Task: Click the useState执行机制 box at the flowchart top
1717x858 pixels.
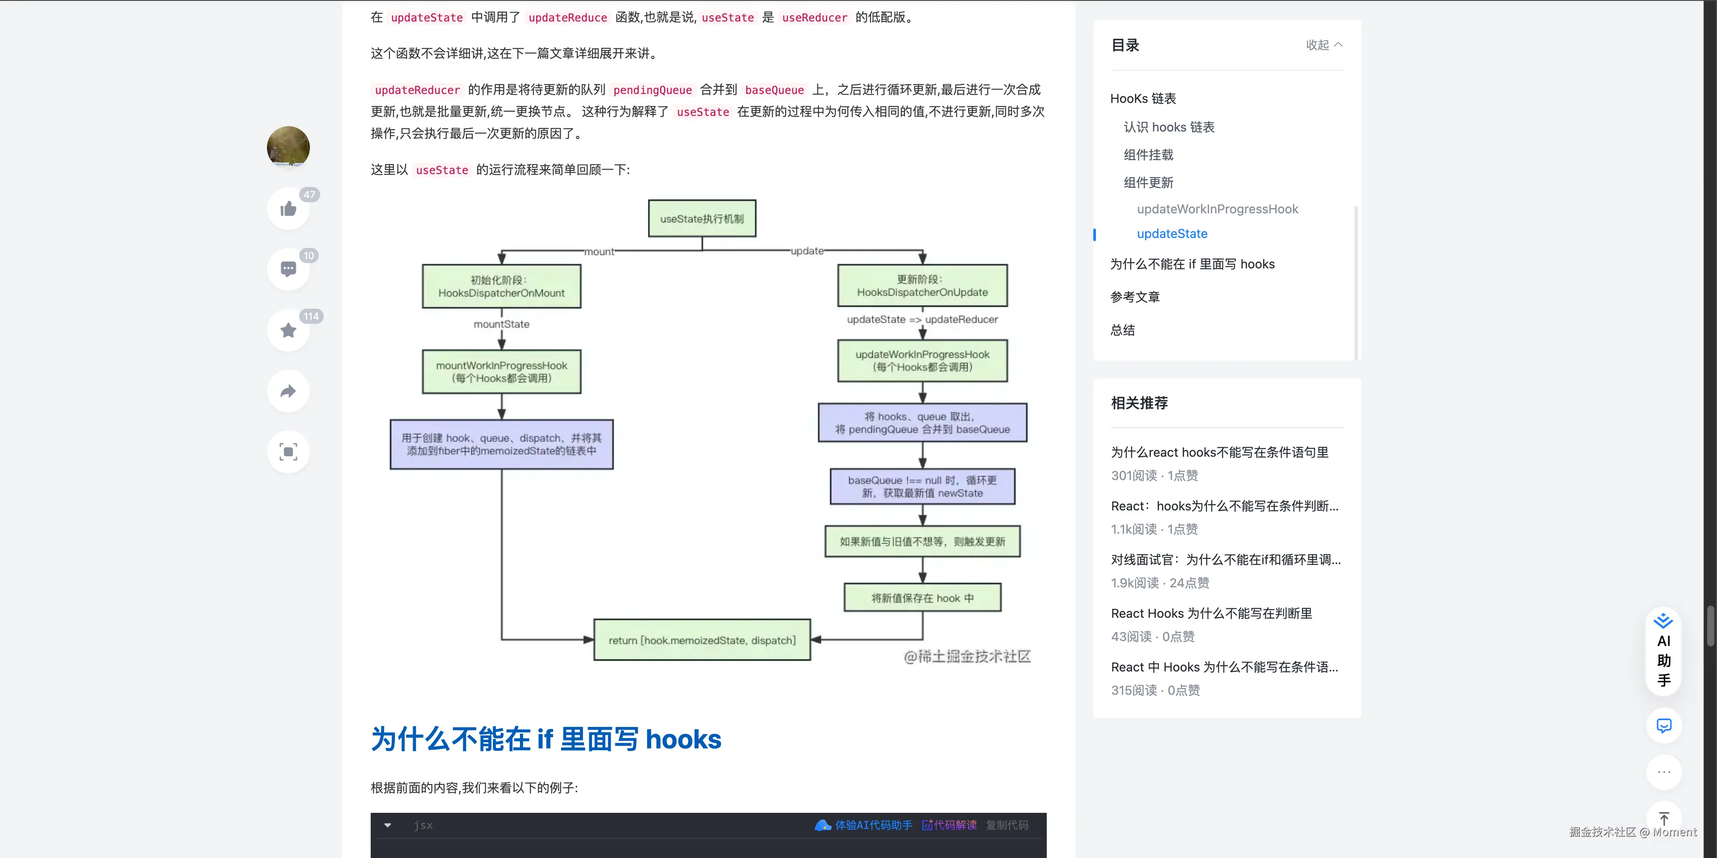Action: coord(702,219)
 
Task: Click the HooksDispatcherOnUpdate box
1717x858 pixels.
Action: coord(922,286)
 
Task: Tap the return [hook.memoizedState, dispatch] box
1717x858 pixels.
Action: coord(702,640)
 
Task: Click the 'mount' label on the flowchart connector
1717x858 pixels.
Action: coord(599,251)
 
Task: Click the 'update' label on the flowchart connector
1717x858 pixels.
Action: coord(807,251)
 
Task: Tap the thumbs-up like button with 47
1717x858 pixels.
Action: coord(288,208)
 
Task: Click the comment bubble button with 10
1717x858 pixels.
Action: coord(288,269)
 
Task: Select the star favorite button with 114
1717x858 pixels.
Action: coord(288,330)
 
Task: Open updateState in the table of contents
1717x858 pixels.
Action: coord(1172,234)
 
